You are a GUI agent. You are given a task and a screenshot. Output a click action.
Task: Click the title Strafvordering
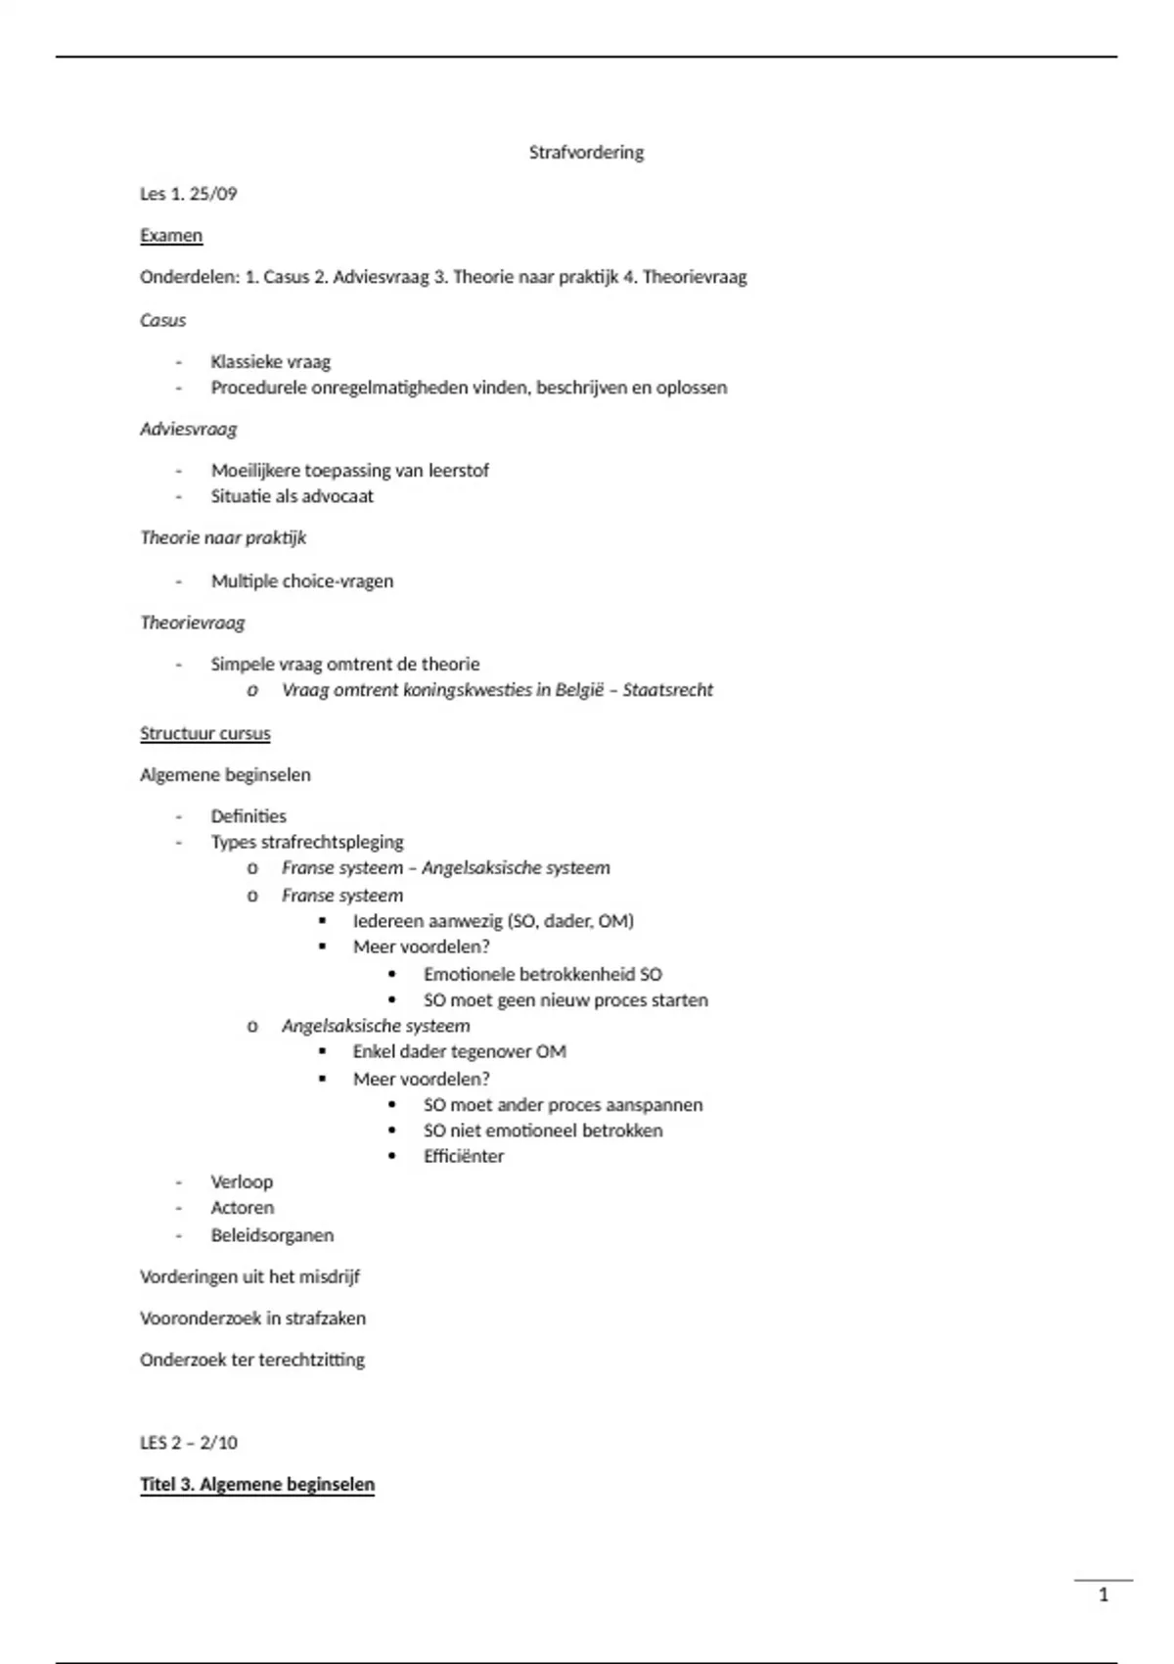coord(586,153)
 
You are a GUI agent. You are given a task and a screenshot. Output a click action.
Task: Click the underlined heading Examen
coord(171,236)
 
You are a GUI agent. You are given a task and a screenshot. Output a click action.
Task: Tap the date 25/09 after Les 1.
coord(213,194)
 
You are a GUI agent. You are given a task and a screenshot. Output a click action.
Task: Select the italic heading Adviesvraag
coord(188,429)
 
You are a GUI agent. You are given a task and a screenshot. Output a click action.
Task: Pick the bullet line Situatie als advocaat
coord(292,496)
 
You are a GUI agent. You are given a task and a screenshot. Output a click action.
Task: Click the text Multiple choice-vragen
coord(301,581)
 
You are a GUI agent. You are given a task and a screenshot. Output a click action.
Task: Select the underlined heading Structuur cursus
coord(204,733)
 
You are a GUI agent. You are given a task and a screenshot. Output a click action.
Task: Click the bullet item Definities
coord(248,816)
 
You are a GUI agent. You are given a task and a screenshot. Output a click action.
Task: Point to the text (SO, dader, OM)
coord(570,921)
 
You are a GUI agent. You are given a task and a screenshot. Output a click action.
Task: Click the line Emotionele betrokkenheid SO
coord(542,975)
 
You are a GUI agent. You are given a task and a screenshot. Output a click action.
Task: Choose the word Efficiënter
coord(464,1156)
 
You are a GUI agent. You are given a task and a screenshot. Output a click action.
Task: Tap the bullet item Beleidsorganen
coord(272,1235)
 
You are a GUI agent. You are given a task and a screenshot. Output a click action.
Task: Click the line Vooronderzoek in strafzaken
coord(252,1318)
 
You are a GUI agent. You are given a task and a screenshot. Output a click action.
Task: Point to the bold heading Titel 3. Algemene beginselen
coord(257,1485)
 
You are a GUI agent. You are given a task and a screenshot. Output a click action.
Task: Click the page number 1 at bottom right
coord(1104,1595)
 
